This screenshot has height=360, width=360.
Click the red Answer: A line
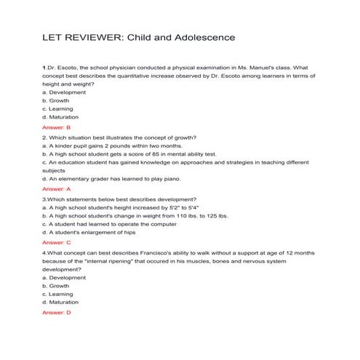point(56,188)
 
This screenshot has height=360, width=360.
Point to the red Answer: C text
point(56,241)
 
